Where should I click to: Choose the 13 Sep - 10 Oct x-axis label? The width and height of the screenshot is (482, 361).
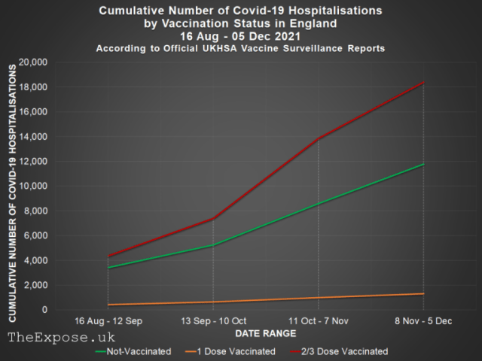[x=213, y=321]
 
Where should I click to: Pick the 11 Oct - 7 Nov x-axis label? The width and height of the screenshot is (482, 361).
[x=318, y=321]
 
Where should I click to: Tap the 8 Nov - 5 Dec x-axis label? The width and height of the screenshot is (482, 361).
[x=423, y=321]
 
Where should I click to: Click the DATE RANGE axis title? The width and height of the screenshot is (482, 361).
[x=265, y=332]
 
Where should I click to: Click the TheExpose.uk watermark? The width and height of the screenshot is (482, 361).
[x=61, y=338]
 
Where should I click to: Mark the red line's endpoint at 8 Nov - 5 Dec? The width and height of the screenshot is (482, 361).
[x=423, y=83]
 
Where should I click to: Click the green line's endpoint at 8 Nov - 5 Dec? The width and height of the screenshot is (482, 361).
[x=423, y=164]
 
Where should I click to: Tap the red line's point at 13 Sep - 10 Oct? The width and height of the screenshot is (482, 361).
[x=213, y=218]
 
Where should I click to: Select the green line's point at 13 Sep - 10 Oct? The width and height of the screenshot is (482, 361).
[x=213, y=245]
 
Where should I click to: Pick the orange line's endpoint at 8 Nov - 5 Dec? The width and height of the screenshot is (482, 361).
[x=423, y=293]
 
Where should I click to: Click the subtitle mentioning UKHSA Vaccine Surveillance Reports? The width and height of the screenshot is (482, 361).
[x=241, y=48]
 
